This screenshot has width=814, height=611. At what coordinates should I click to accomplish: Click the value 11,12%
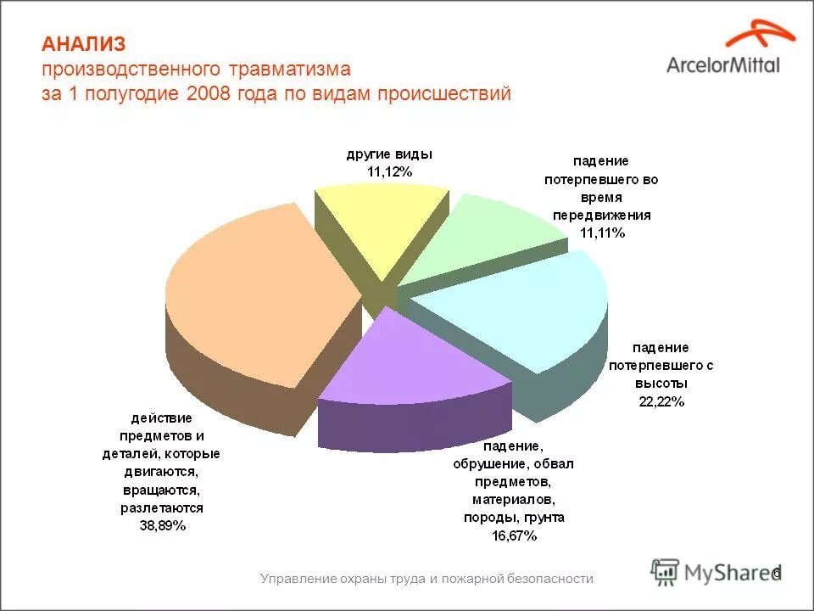[389, 172]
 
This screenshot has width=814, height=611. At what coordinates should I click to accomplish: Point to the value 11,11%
[602, 233]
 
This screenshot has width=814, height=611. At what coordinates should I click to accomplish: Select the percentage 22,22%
[661, 401]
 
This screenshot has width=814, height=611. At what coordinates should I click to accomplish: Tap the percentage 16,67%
[513, 535]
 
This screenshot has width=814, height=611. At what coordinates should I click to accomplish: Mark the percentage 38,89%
[162, 525]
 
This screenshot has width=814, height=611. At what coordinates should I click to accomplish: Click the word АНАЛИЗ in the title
[83, 43]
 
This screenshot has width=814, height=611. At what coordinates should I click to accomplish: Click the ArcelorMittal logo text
[722, 64]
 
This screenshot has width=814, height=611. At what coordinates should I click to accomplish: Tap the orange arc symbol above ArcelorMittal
[759, 34]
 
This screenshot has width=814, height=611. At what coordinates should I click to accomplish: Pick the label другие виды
[389, 154]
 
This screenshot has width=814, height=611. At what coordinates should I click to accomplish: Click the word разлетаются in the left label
[162, 507]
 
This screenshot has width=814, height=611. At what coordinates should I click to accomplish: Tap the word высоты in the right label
[661, 384]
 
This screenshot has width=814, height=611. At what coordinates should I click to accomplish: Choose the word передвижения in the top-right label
[602, 215]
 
